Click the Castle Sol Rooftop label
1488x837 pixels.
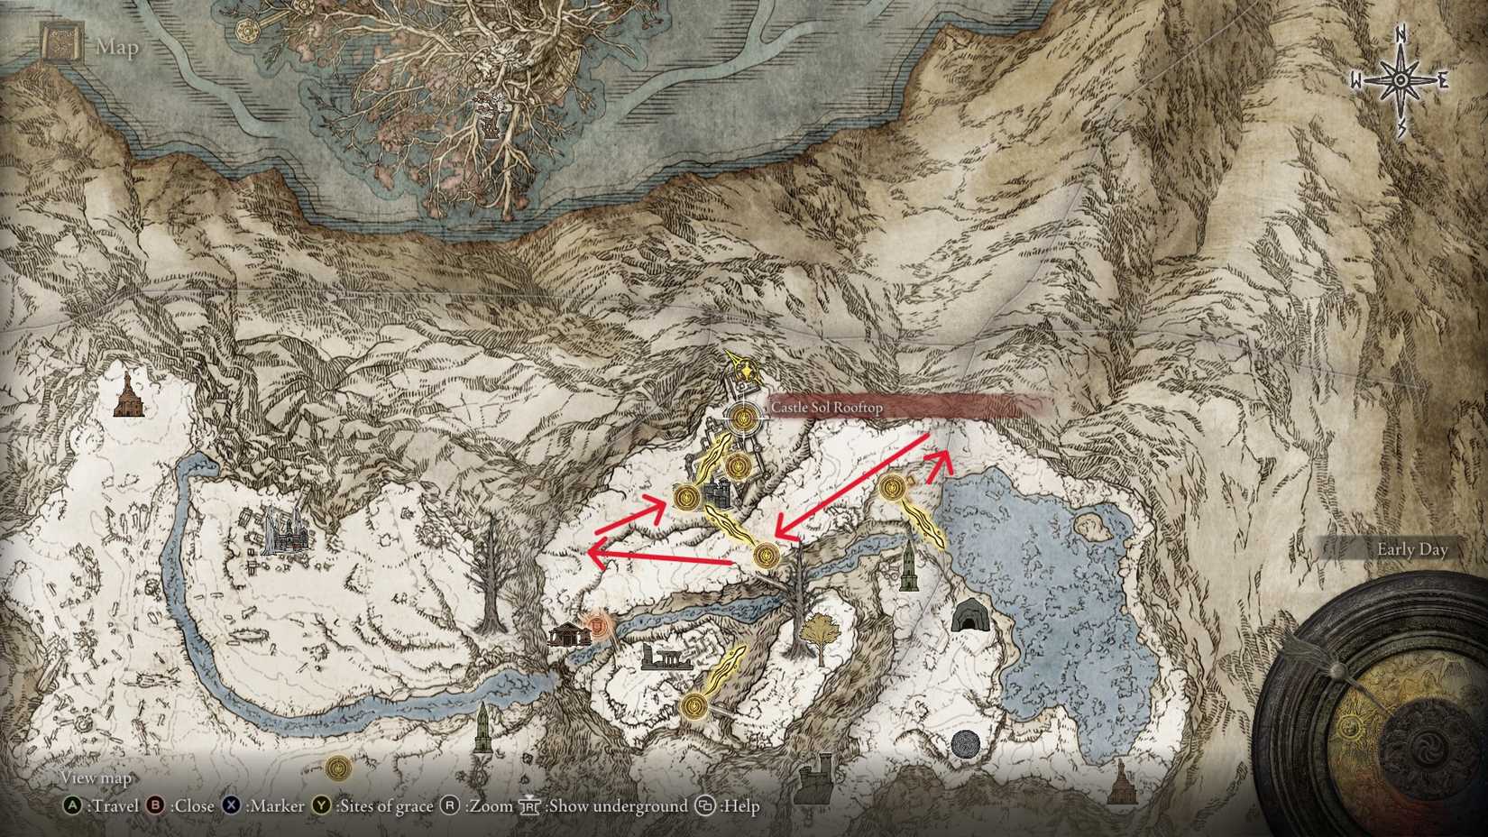(826, 408)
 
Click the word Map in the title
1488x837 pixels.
(117, 47)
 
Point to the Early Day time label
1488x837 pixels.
(1411, 549)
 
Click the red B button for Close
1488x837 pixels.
(156, 805)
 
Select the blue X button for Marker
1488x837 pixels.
(233, 805)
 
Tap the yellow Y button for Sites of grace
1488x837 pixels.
(322, 805)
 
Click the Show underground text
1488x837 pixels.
(617, 805)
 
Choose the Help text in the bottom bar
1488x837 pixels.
(739, 805)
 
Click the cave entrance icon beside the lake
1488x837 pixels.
(969, 615)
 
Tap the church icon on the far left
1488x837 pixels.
(129, 397)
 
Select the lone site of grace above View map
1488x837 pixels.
(338, 768)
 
